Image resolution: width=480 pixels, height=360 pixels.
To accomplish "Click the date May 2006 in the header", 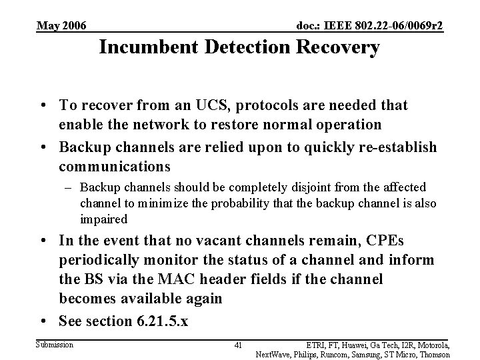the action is (61, 26).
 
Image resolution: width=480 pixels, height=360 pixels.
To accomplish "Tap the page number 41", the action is (239, 345).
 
